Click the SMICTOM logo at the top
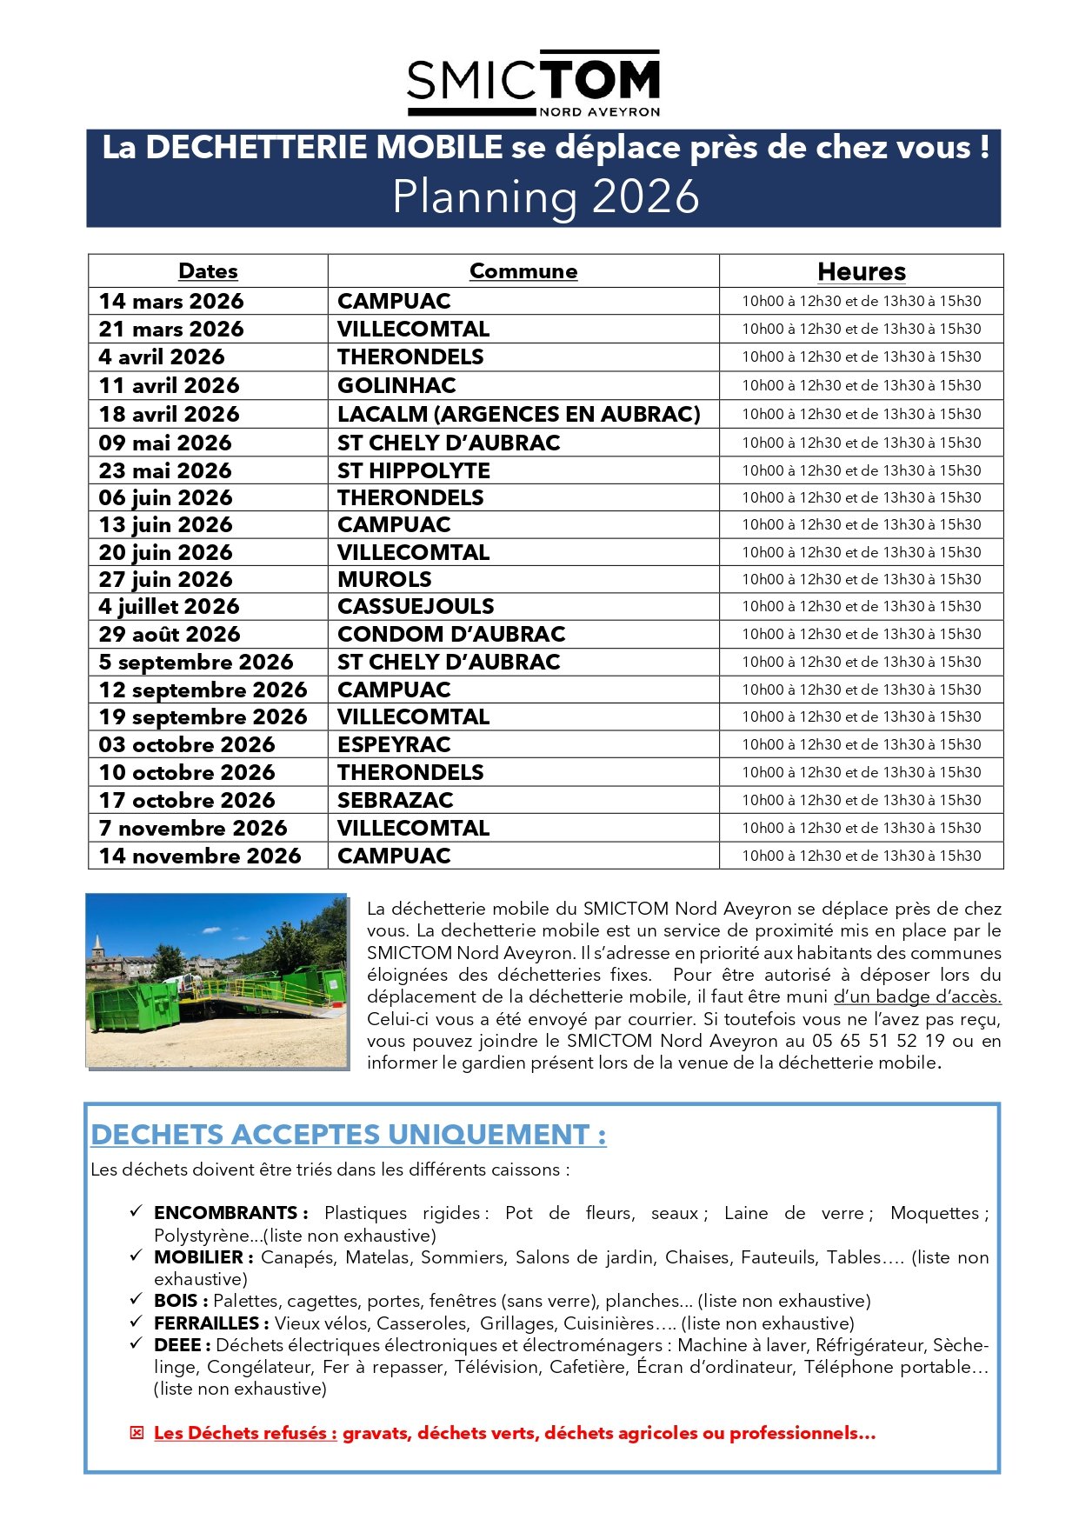pos(533,83)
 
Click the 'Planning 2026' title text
pos(545,197)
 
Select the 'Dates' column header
pos(208,271)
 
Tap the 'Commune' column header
pos(523,271)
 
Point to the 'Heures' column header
pos(861,271)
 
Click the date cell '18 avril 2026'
pos(169,414)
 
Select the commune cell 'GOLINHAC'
pos(396,385)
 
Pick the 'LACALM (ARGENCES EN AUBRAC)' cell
pos(519,414)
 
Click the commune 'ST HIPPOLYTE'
pos(414,470)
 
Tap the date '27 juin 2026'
pos(165,579)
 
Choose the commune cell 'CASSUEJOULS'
pos(416,606)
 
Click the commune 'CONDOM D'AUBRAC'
pos(451,634)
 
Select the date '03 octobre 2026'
pos(187,744)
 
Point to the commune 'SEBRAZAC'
pos(396,800)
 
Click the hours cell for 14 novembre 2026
pos(861,856)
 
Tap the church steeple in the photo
pos(98,944)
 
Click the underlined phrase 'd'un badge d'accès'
pos(917,996)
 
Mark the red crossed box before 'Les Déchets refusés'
pos(137,1433)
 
